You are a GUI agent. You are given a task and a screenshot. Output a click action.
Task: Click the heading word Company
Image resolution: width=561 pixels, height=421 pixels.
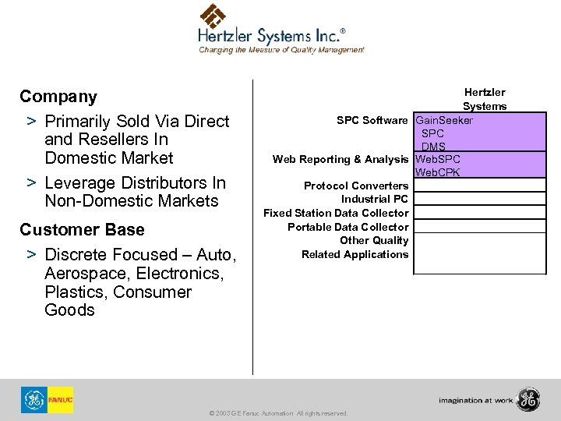(x=58, y=97)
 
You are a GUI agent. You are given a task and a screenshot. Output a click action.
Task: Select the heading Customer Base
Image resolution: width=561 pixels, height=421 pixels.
(x=82, y=230)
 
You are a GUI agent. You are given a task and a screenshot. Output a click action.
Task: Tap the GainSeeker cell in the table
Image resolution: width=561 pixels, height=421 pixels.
(x=444, y=121)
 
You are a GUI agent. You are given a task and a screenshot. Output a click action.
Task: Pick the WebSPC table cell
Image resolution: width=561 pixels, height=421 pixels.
(x=439, y=160)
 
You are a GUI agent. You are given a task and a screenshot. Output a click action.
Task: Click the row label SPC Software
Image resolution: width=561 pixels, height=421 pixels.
(x=372, y=121)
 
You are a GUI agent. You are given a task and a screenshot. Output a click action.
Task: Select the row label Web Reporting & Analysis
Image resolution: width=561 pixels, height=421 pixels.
(x=340, y=160)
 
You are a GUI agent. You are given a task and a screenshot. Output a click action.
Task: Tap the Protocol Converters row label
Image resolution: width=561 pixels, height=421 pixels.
(x=355, y=186)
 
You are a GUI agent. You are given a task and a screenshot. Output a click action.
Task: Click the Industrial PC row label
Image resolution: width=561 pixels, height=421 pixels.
(x=375, y=199)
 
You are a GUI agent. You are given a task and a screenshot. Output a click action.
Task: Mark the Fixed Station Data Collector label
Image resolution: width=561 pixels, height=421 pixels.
(x=335, y=213)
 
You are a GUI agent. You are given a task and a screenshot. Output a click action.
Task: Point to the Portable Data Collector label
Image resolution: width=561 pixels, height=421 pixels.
(x=348, y=227)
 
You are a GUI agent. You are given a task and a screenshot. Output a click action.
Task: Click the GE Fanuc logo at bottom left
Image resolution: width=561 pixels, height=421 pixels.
(x=48, y=400)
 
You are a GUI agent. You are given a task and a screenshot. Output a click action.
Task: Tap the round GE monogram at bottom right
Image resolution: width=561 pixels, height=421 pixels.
(x=528, y=399)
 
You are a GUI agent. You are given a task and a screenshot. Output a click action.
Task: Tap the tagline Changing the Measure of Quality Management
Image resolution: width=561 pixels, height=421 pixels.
(x=281, y=49)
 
